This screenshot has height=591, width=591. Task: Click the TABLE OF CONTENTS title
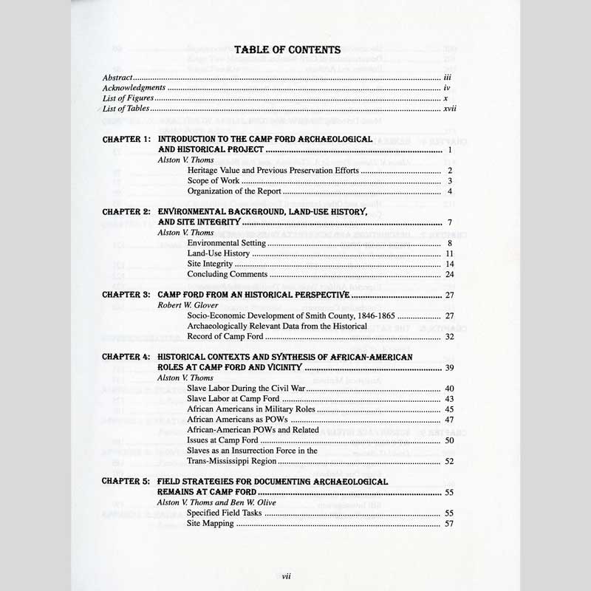(x=287, y=50)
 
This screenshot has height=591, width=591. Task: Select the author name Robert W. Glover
(x=188, y=304)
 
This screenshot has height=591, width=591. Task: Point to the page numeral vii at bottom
(x=286, y=571)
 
